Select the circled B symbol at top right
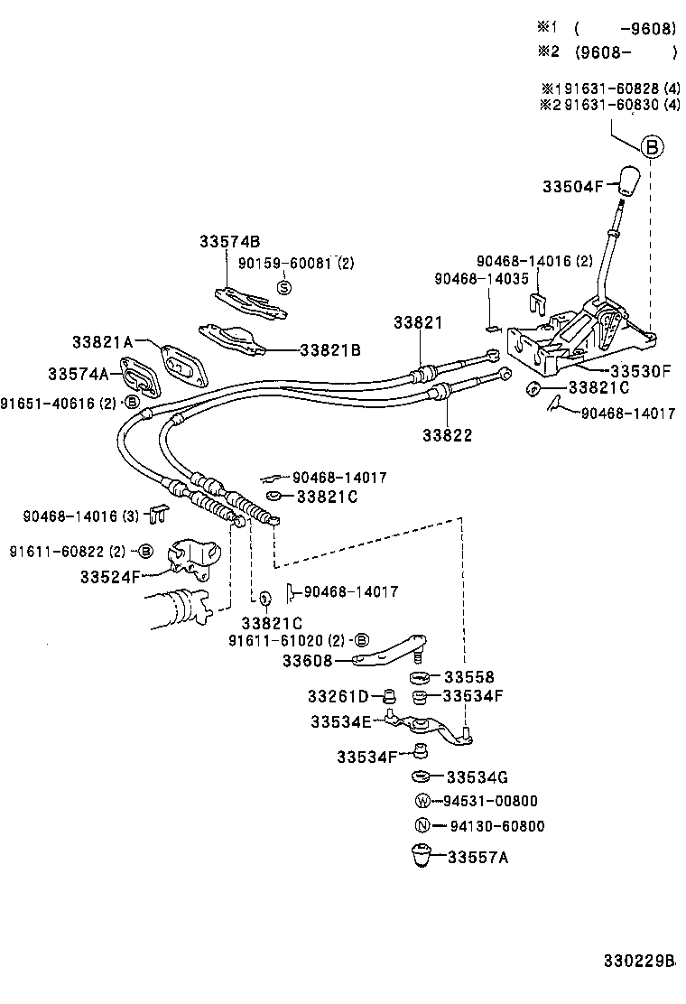(653, 147)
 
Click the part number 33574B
(230, 241)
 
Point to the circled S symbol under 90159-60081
(283, 287)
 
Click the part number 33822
(447, 434)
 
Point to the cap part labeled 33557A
(421, 855)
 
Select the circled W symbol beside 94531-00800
(421, 801)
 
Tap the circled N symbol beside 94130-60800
(421, 826)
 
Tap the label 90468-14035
(481, 280)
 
